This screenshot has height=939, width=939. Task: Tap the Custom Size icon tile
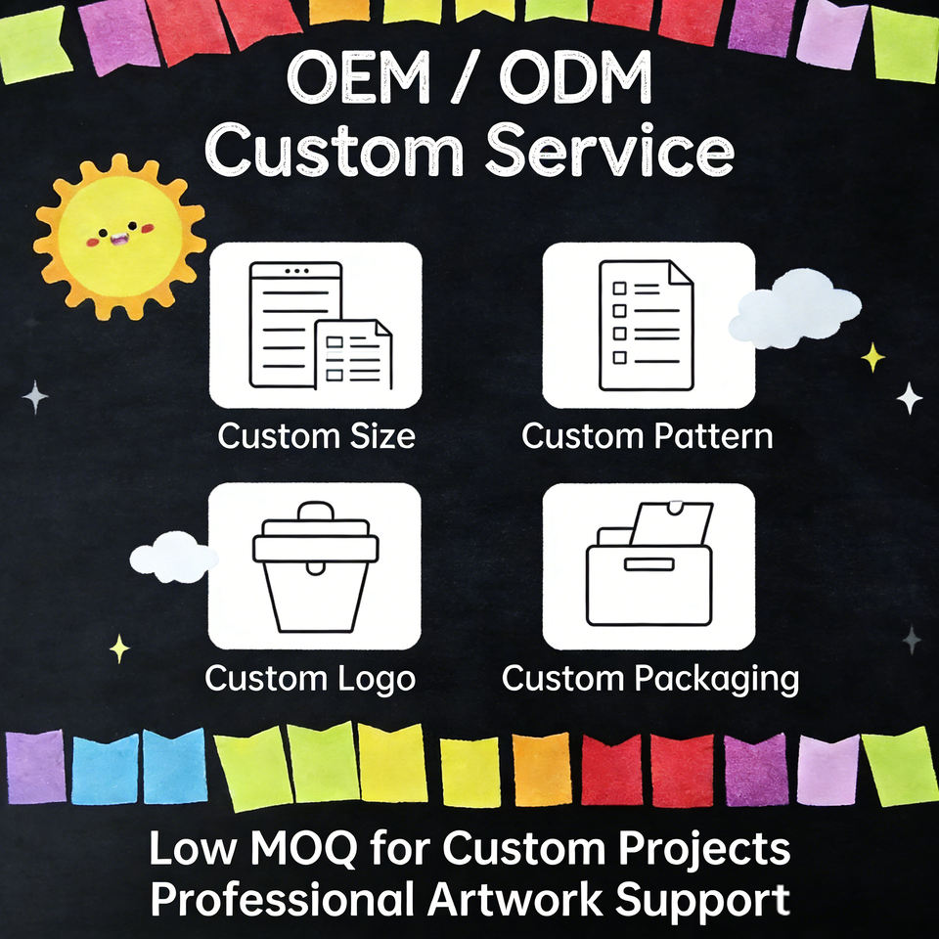click(315, 325)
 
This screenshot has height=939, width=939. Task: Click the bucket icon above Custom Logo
click(315, 566)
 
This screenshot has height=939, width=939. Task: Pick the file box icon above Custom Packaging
click(648, 566)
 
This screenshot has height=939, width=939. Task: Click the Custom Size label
click(316, 436)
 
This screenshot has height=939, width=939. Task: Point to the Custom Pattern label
click(648, 436)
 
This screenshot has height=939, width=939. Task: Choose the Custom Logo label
click(310, 678)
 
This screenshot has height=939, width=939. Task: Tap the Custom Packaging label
click(650, 678)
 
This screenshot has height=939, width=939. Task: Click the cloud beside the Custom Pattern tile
click(794, 308)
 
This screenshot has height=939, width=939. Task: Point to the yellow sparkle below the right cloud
click(872, 357)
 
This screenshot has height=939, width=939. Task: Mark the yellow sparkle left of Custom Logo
click(119, 648)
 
